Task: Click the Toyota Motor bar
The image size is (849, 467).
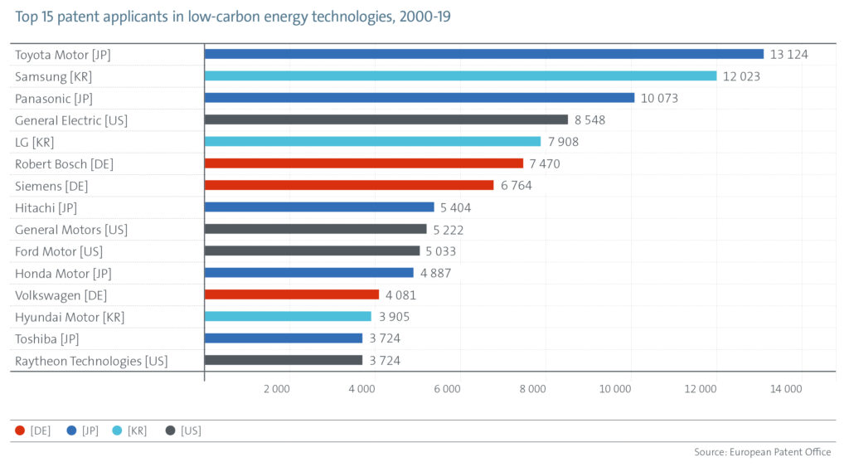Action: coord(483,54)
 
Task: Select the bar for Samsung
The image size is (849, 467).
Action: coord(460,76)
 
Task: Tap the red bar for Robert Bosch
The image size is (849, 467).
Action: coord(364,163)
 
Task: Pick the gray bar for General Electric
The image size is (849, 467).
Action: coord(386,119)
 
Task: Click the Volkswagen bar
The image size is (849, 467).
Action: coord(292,294)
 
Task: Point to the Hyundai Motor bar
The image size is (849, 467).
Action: coord(288,316)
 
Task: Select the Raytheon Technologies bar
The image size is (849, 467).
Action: coord(284,360)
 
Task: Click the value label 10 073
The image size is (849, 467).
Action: coord(660,98)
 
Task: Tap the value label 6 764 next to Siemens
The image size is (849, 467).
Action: coord(516,186)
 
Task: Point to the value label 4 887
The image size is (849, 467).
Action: coord(435,273)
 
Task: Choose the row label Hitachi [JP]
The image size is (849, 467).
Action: coord(46,207)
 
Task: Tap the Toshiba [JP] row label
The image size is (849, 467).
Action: coord(48,338)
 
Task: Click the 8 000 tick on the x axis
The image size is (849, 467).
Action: coord(532,389)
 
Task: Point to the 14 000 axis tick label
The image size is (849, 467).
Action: coord(785,389)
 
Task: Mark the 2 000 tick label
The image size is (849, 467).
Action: coord(276,389)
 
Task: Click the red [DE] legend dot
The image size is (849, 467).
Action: coord(20,431)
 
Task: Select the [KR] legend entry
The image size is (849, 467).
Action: coord(129,431)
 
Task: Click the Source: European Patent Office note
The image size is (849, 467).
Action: coord(762,452)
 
